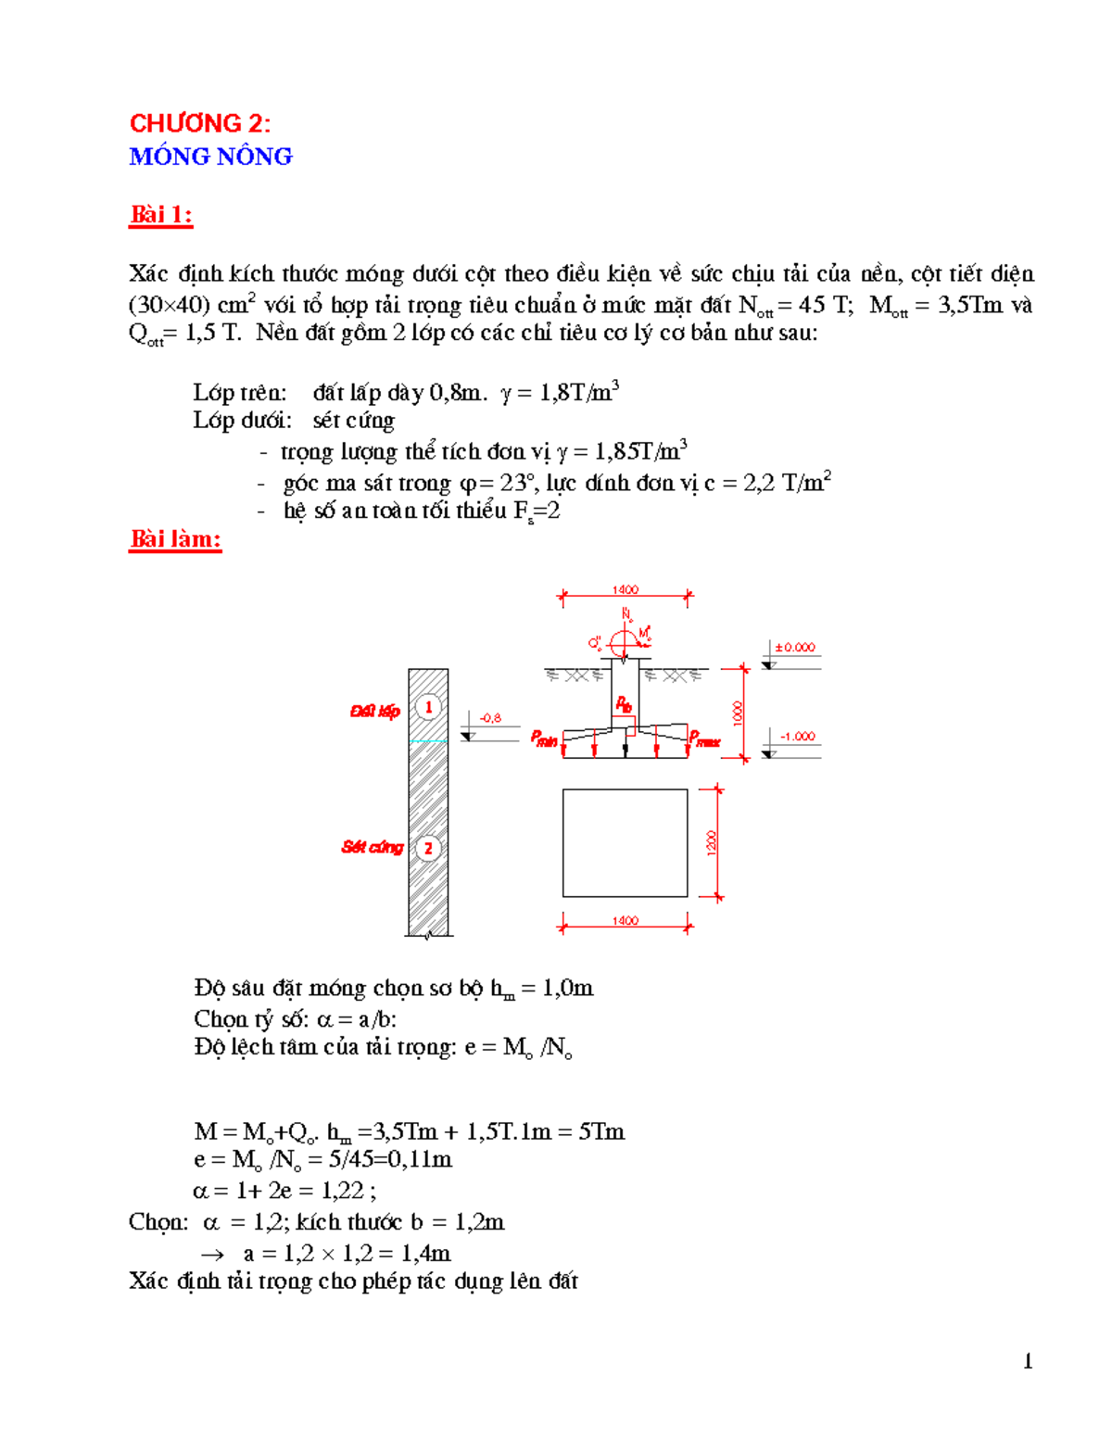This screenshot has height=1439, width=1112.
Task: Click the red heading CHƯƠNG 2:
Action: (199, 123)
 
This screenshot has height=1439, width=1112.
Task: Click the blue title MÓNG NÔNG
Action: (210, 157)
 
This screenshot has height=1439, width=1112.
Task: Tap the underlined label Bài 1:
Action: (160, 215)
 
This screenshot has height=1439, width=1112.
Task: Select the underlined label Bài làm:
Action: (175, 539)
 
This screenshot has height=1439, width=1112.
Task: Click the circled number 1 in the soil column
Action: (427, 708)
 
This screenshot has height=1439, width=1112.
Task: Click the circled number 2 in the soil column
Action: (427, 848)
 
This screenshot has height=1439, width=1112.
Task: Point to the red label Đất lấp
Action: (374, 712)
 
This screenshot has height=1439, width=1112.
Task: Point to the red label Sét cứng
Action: (372, 847)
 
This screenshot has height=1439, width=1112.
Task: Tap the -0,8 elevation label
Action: (490, 718)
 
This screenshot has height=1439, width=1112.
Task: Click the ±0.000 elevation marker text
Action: (795, 648)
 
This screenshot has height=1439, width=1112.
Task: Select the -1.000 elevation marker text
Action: (797, 737)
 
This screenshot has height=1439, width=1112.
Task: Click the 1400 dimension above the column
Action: (625, 590)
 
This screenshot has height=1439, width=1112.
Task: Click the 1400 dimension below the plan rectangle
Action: (625, 921)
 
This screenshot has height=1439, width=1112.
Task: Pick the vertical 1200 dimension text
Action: (711, 842)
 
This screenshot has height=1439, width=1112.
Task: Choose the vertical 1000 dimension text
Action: (738, 713)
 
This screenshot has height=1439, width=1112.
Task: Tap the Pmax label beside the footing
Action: (704, 739)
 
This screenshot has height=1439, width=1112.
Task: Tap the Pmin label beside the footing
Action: (544, 738)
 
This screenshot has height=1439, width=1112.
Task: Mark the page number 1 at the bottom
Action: (1028, 1361)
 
